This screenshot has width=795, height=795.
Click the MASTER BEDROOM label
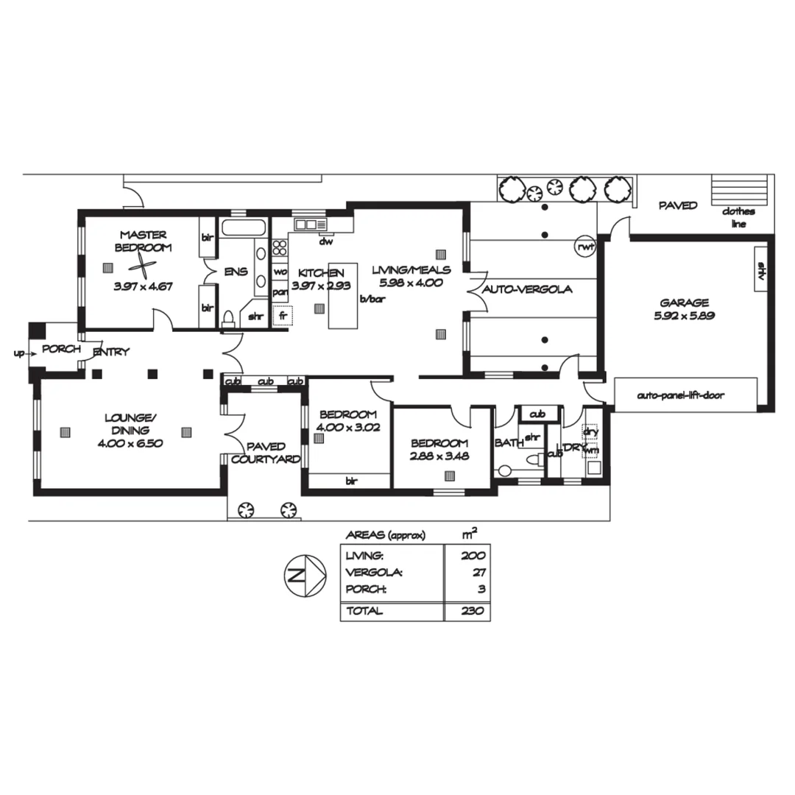click(x=143, y=241)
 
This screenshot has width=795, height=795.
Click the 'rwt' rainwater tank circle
click(x=585, y=247)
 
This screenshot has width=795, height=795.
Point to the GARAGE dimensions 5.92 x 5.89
click(x=684, y=316)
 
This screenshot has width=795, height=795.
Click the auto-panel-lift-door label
click(x=680, y=395)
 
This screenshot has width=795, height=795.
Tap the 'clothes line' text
click(x=738, y=217)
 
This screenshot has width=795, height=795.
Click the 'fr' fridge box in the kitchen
click(x=282, y=317)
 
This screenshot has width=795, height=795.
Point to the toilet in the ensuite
click(x=229, y=317)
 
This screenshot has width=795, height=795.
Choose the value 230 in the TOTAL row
click(x=473, y=611)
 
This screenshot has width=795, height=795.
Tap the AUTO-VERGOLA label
click(x=527, y=290)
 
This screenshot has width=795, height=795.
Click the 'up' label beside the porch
click(x=19, y=353)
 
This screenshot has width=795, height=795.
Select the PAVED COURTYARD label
click(x=266, y=453)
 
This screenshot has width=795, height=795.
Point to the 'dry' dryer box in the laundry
click(x=590, y=432)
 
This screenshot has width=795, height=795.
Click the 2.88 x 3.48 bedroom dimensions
click(x=439, y=456)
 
